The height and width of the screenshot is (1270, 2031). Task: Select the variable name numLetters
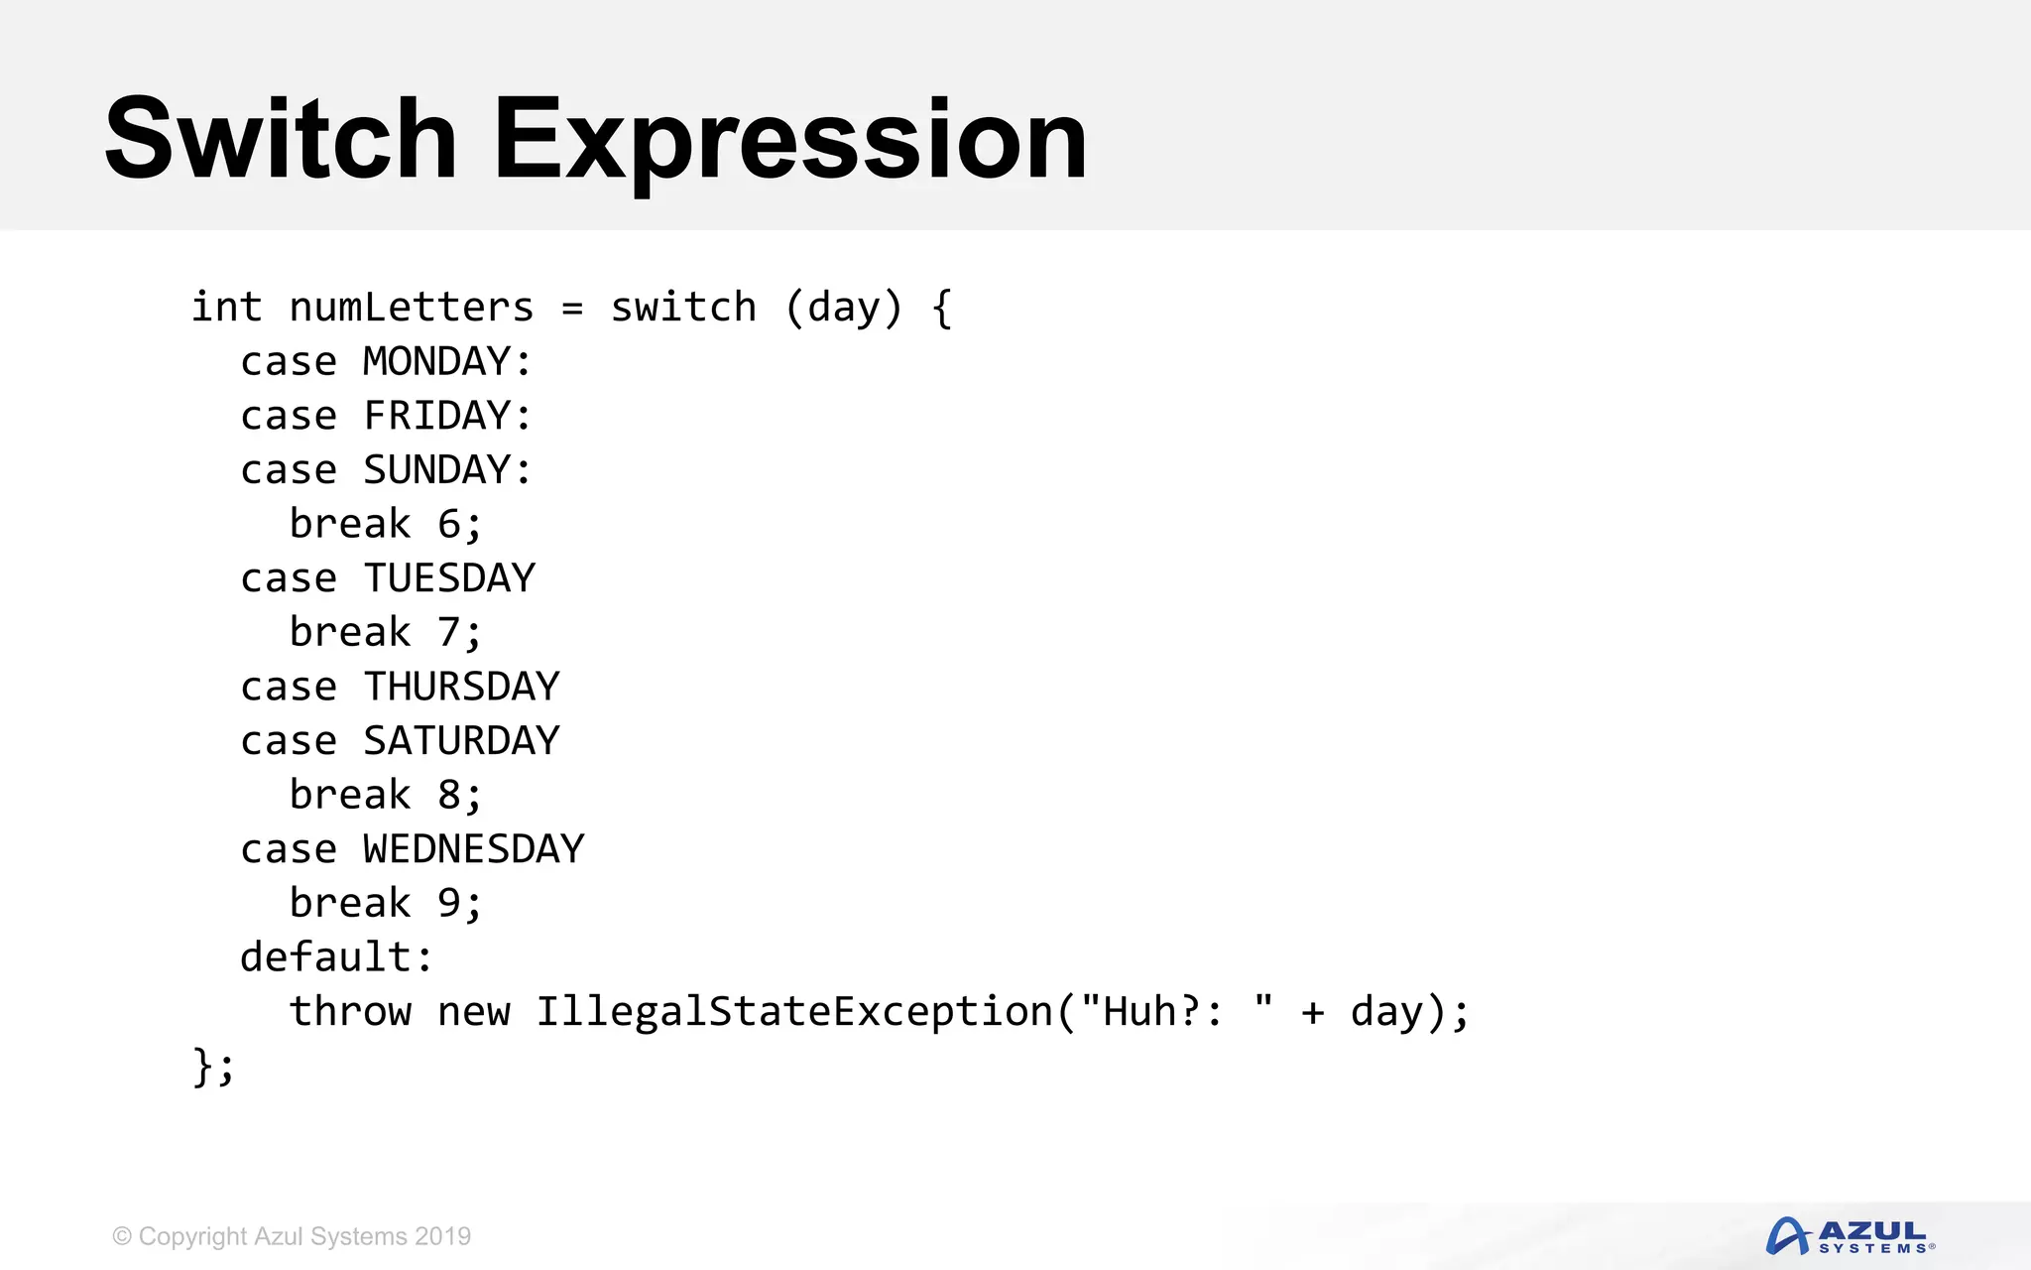(412, 308)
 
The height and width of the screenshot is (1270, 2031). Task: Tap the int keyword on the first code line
(226, 308)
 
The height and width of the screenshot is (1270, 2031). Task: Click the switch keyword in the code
(683, 308)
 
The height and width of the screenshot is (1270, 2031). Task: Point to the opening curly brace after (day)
(942, 308)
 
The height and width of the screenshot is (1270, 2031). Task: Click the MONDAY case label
(436, 361)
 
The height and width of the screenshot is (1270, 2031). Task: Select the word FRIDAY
(436, 416)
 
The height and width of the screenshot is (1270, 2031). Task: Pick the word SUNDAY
(436, 469)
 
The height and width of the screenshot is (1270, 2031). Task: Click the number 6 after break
(449, 524)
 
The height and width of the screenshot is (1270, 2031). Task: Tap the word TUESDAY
(449, 578)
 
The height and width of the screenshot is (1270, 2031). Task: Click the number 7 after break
(449, 632)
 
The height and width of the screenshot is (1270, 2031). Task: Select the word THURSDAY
(461, 687)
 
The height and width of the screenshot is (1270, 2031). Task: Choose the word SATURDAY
(461, 741)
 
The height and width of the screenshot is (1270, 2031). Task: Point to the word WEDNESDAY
(474, 849)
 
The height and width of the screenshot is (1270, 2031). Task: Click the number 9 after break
(449, 903)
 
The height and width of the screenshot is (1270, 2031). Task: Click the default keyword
(325, 957)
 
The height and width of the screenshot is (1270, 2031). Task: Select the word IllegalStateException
(794, 1012)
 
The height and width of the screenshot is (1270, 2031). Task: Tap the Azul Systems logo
(1850, 1236)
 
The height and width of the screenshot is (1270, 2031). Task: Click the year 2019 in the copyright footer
(442, 1236)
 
